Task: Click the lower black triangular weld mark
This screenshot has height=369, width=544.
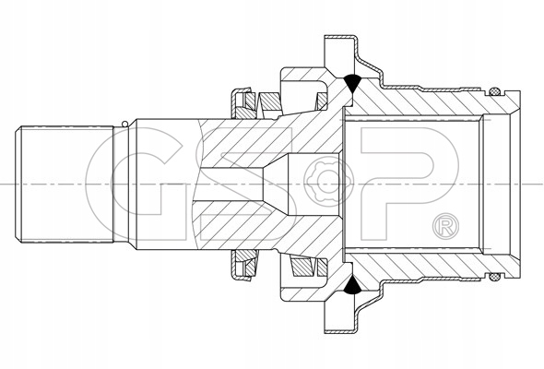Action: [x=352, y=285]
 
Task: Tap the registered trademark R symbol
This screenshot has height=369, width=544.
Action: [x=446, y=226]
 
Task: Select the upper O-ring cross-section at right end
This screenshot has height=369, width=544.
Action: [x=494, y=92]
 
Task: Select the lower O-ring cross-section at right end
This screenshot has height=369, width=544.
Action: [x=494, y=277]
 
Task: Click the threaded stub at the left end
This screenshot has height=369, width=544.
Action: [x=65, y=184]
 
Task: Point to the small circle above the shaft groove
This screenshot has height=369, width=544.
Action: [x=124, y=124]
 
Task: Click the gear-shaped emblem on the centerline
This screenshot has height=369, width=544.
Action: [x=325, y=181]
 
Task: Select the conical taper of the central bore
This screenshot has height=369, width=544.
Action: [x=276, y=184]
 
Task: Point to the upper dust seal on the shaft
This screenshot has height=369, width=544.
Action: [x=242, y=102]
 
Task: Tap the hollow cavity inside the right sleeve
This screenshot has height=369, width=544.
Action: [x=413, y=184]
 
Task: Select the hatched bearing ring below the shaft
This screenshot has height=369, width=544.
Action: [x=302, y=268]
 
